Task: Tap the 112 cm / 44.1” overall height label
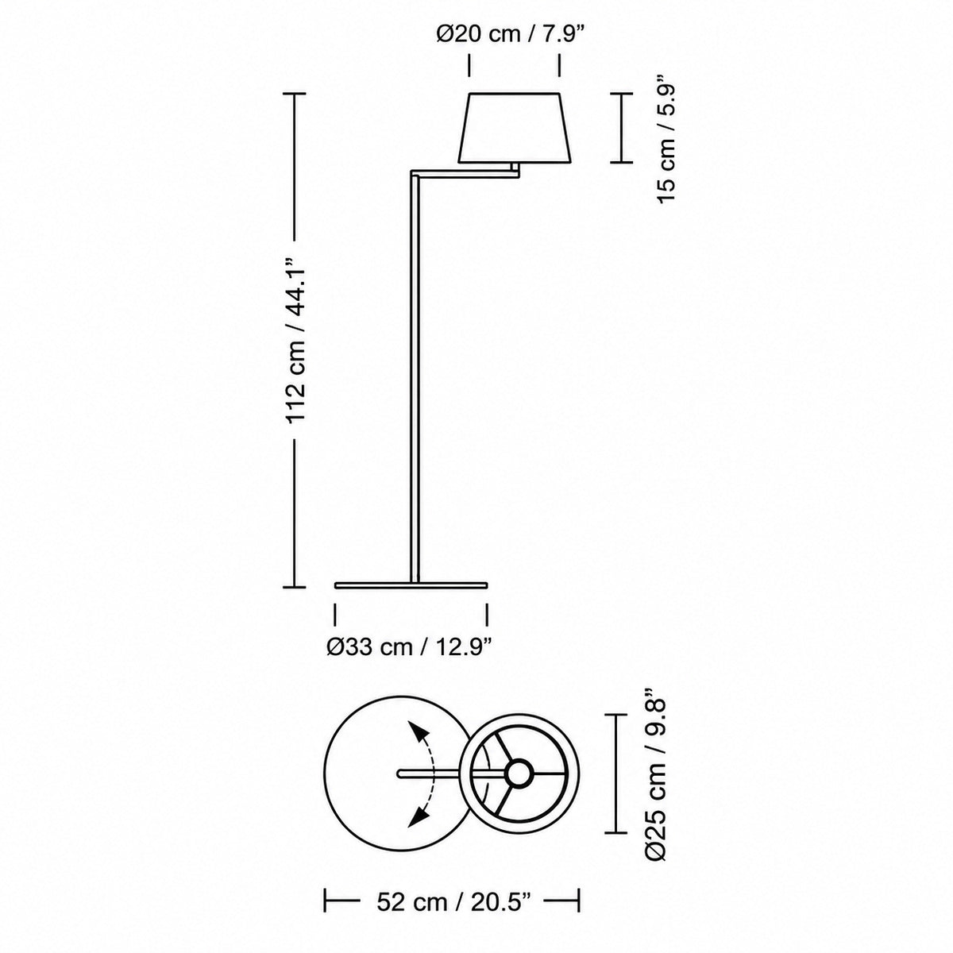coord(295,340)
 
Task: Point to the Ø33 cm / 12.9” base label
coord(409,647)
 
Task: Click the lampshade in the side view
coord(515,127)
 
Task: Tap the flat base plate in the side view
coord(411,585)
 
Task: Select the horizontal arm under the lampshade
coord(465,173)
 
